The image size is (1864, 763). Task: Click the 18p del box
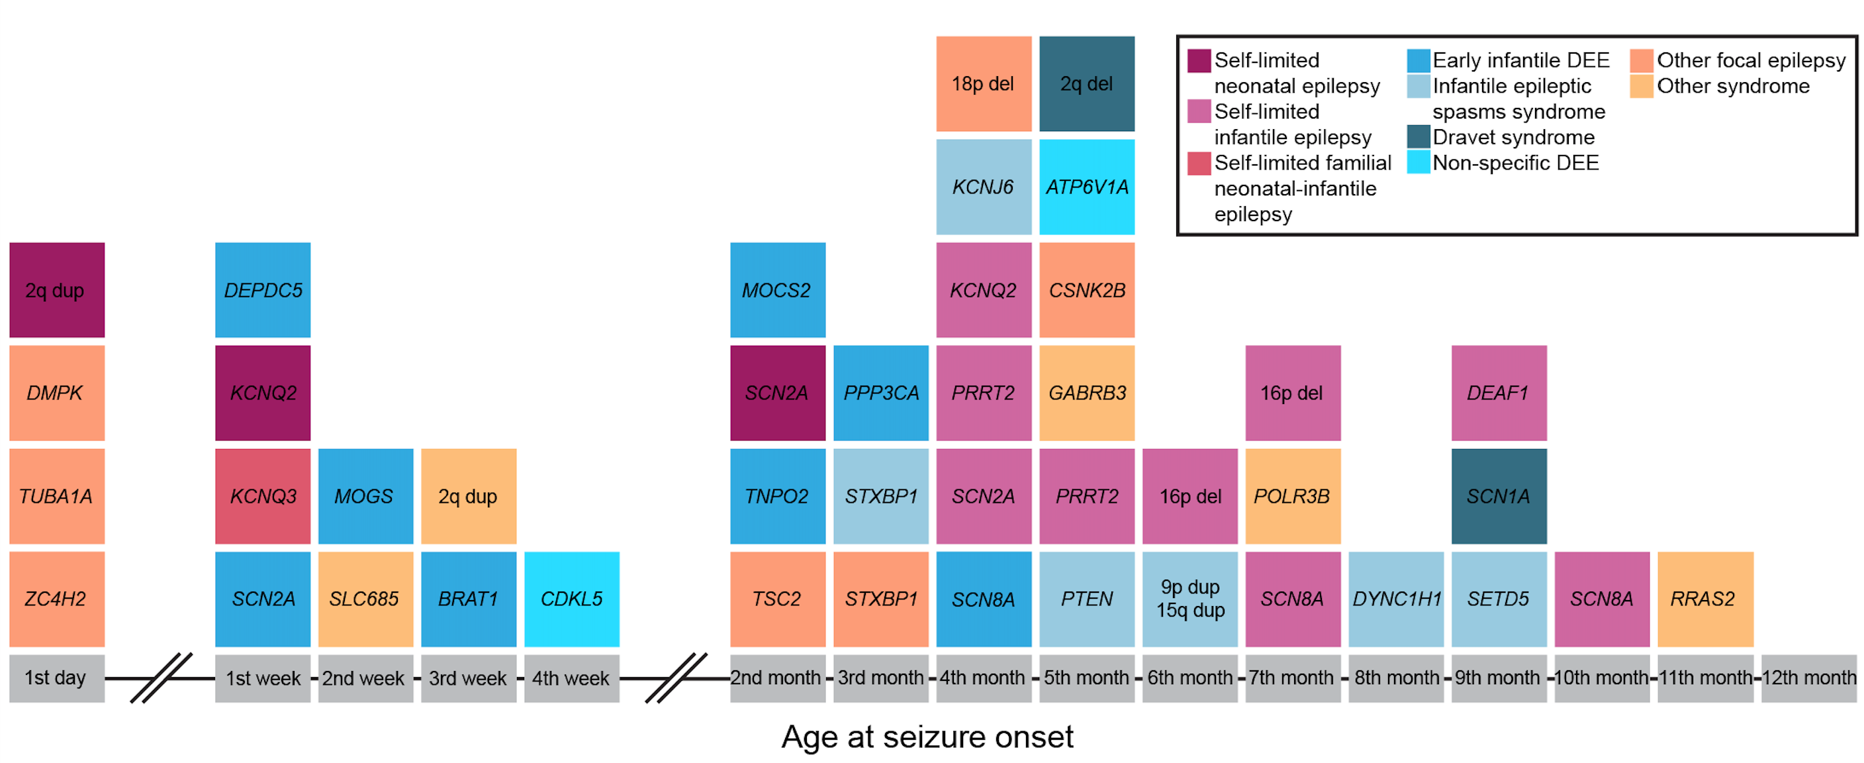[x=984, y=83]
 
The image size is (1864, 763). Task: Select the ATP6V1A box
[x=1087, y=187]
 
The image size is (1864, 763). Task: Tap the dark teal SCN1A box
[x=1499, y=496]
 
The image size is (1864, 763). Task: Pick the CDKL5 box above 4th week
[x=572, y=599]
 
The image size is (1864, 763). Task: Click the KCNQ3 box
[x=263, y=496]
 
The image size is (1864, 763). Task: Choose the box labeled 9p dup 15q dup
[x=1189, y=599]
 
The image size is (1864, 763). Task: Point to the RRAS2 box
[x=1705, y=599]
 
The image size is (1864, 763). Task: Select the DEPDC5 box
[x=263, y=289]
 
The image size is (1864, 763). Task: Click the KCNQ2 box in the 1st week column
[x=263, y=392]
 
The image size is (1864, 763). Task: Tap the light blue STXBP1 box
[x=880, y=496]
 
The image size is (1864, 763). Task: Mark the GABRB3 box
[x=1087, y=392]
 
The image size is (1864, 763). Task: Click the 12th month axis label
[x=1808, y=678]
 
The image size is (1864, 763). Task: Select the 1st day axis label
[x=56, y=678]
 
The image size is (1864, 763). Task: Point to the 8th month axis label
[x=1396, y=678]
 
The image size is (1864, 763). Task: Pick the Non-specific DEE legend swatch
[x=1419, y=162]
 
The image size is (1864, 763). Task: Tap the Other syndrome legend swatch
[x=1641, y=86]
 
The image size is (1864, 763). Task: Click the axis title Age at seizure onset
[x=927, y=737]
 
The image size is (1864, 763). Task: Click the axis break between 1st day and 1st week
[x=161, y=678]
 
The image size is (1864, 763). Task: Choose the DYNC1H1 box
[x=1396, y=599]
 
